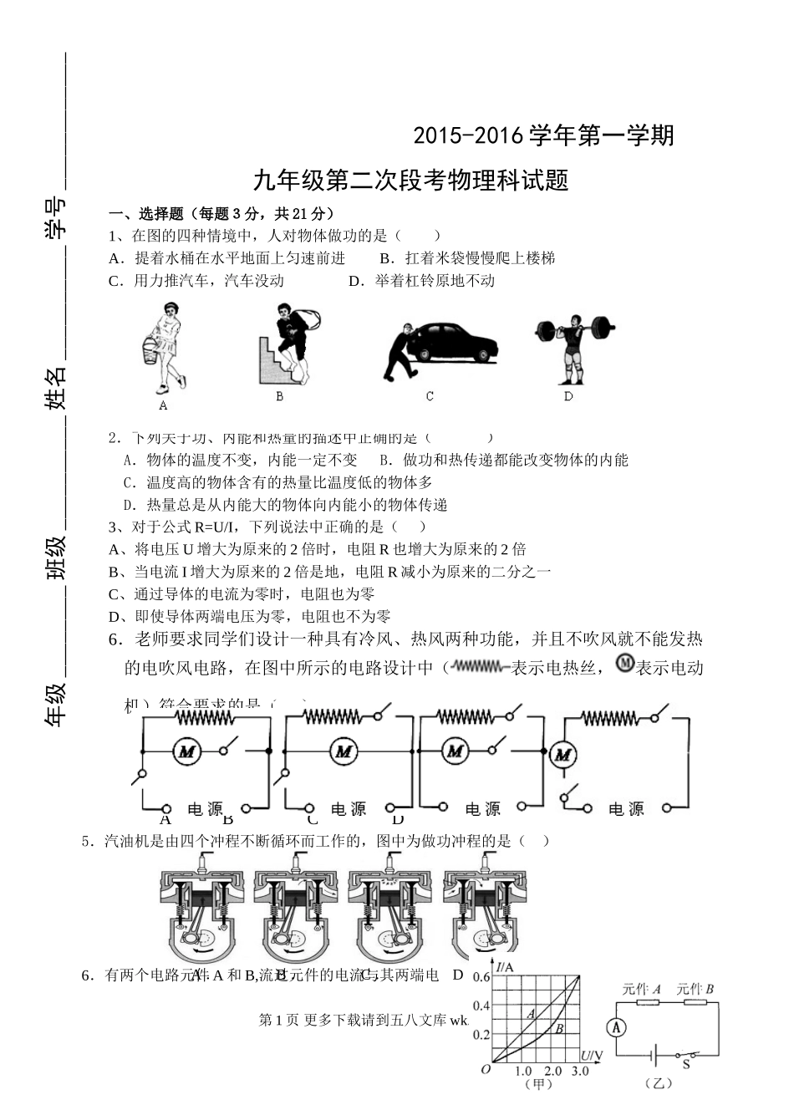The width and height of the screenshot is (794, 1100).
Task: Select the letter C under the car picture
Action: tap(430, 396)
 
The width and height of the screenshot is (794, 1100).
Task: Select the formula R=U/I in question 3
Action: tap(216, 527)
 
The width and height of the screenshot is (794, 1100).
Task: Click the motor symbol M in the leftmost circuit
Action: tap(186, 751)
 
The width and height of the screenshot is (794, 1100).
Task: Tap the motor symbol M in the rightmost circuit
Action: tap(563, 756)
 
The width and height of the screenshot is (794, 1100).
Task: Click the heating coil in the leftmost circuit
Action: tap(201, 716)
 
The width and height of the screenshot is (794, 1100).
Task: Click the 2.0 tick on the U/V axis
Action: tap(552, 1071)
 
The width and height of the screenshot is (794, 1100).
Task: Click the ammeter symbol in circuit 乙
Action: tap(616, 1029)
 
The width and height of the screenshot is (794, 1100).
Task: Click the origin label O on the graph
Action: tap(486, 1070)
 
